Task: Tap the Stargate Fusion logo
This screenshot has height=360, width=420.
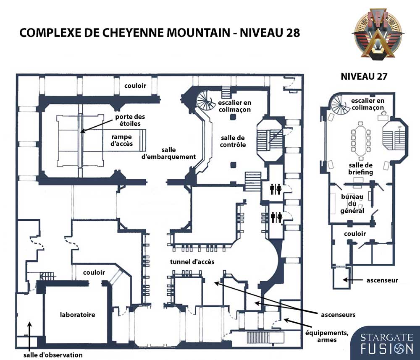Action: click(x=386, y=343)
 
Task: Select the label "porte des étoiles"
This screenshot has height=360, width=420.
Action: click(x=130, y=120)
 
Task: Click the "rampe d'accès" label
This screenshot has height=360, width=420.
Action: click(x=122, y=140)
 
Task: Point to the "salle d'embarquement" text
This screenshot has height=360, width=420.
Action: click(x=168, y=154)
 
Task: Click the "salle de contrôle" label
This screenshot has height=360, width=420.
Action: click(x=233, y=141)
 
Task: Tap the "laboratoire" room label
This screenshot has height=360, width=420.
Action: click(x=77, y=315)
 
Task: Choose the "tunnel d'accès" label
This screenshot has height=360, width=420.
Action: click(x=192, y=261)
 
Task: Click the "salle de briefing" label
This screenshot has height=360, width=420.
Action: click(x=360, y=169)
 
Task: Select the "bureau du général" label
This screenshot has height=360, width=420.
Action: click(x=352, y=203)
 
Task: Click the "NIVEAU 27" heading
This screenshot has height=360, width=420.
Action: click(x=364, y=76)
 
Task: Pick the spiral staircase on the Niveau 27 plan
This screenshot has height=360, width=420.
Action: click(x=340, y=104)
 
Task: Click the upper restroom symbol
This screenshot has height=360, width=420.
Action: click(x=276, y=189)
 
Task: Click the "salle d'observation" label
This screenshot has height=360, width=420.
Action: click(x=53, y=355)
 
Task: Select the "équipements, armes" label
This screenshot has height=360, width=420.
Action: click(x=327, y=337)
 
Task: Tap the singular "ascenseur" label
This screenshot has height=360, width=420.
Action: click(x=382, y=280)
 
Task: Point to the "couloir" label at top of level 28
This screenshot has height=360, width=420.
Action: click(x=135, y=86)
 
